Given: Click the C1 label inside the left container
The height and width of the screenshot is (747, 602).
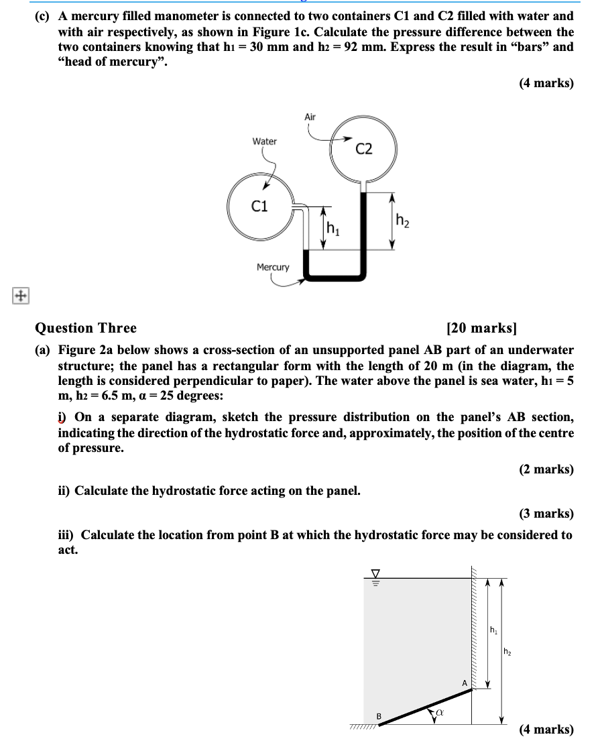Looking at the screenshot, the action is point(259,207).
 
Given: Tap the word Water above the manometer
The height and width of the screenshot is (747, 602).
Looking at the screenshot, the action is point(264,141).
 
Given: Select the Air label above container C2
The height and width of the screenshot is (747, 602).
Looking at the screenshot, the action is point(310,117).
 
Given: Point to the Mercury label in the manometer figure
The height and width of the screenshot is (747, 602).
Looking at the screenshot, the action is point(273,268).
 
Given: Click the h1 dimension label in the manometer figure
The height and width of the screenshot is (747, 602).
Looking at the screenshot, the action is point(333,228).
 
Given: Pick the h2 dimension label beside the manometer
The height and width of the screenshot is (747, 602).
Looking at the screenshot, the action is point(403,219).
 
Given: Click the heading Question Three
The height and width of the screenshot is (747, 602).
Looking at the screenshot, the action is point(85,328).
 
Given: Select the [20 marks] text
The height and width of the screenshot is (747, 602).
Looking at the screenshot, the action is point(481,328).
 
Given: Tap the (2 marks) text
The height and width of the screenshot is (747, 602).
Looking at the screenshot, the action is point(546,469).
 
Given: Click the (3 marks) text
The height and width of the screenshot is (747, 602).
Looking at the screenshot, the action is point(546,514).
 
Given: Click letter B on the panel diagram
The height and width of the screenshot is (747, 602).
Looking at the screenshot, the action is point(378,716).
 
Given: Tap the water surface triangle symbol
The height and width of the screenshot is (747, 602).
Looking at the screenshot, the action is point(375,574).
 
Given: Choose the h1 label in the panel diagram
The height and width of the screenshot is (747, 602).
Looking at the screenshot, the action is point(493,630).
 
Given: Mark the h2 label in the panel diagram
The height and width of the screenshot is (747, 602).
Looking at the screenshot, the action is point(507,651).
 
